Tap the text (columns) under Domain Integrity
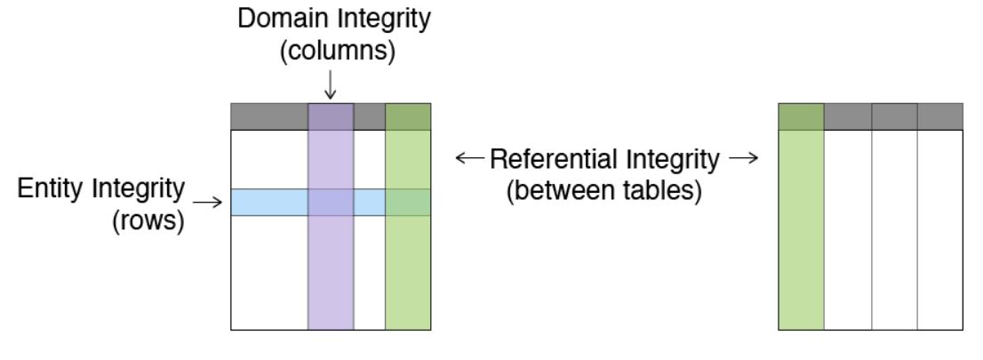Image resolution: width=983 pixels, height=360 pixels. click(x=331, y=52)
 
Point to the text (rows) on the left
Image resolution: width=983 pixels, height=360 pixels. click(x=148, y=220)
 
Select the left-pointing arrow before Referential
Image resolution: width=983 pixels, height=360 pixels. click(x=468, y=159)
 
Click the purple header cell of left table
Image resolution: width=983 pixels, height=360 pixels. click(x=331, y=116)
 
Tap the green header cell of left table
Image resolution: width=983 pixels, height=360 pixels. click(x=408, y=116)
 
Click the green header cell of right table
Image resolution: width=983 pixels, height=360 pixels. click(x=802, y=116)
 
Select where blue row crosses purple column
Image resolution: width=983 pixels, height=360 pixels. click(x=331, y=202)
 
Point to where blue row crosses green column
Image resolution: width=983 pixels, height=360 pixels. click(x=408, y=202)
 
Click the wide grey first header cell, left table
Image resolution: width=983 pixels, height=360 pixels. click(x=269, y=116)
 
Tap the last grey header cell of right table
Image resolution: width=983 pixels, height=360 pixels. click(x=940, y=116)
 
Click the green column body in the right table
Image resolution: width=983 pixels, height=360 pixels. click(x=802, y=230)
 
